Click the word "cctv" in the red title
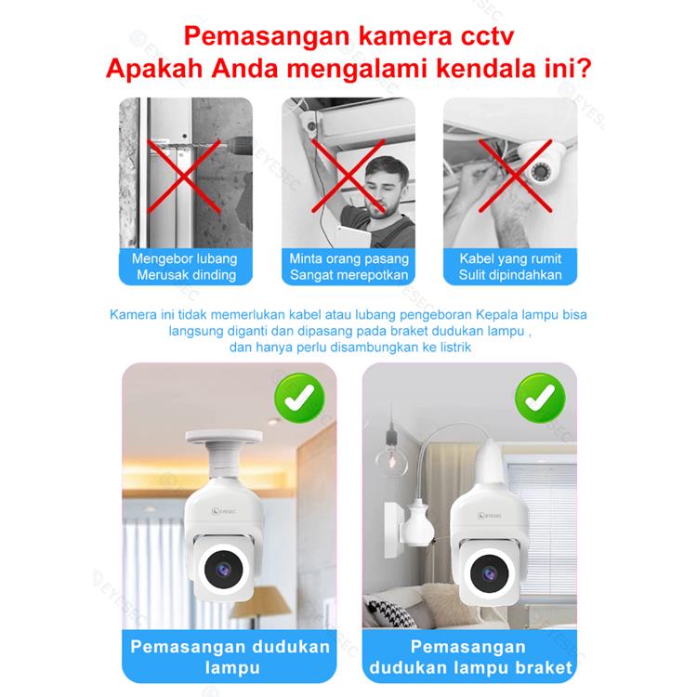click(x=487, y=36)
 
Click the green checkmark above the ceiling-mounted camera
click(x=299, y=398)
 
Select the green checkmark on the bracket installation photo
click(x=540, y=398)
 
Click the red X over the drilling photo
click(x=184, y=177)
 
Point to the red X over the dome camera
click(x=515, y=176)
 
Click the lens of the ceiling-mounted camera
click(x=224, y=570)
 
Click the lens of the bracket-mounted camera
click(x=490, y=574)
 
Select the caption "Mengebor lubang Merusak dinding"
click(x=185, y=267)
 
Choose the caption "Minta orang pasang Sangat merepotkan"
click(x=348, y=267)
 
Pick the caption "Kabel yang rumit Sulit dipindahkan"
click(x=510, y=267)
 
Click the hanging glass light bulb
click(x=391, y=459)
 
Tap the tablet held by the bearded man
click(x=354, y=236)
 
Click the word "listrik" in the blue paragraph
click(x=455, y=348)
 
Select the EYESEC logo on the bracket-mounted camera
click(x=490, y=516)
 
